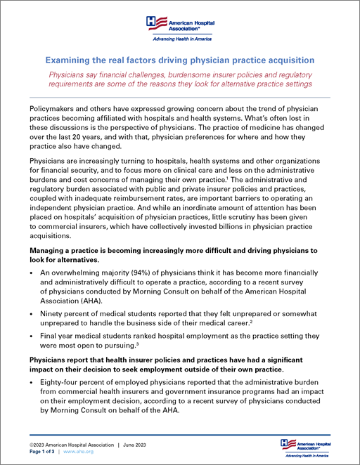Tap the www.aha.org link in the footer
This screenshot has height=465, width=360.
(79, 453)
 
